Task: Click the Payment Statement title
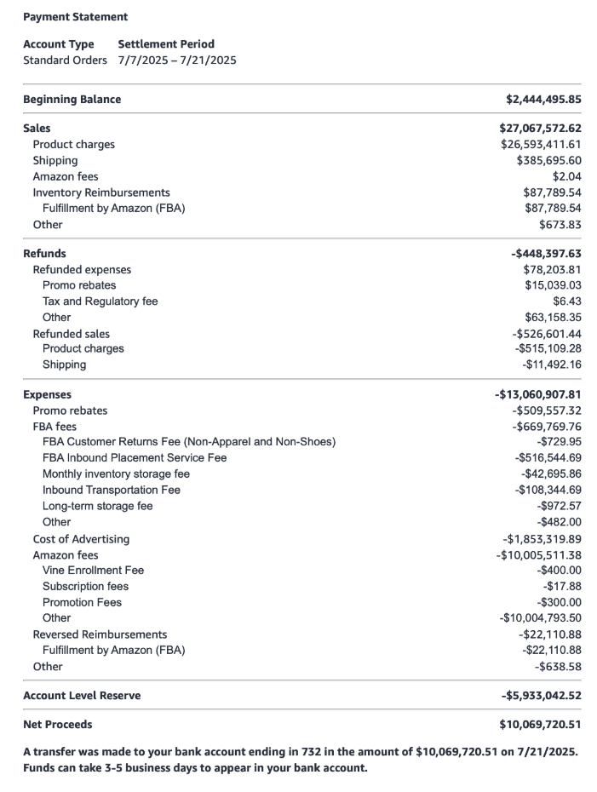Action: click(x=76, y=17)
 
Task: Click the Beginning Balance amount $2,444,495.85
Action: click(x=543, y=100)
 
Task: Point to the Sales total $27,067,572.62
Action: click(x=540, y=129)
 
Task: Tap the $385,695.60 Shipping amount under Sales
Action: click(x=548, y=161)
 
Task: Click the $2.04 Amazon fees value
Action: click(x=566, y=177)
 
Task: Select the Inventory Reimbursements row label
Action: click(x=101, y=193)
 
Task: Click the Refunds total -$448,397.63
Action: click(x=546, y=254)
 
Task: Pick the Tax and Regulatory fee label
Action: click(x=100, y=301)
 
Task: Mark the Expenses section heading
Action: click(x=48, y=395)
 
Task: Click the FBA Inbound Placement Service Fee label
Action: click(x=135, y=458)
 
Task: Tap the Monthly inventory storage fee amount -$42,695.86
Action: click(x=551, y=474)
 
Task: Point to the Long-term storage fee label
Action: click(x=98, y=506)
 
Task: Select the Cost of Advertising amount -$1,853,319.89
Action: click(x=542, y=539)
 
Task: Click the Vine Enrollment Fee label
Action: click(x=93, y=571)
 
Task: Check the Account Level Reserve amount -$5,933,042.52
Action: click(x=542, y=696)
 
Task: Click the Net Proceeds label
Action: click(x=58, y=725)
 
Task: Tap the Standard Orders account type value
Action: click(x=66, y=60)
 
